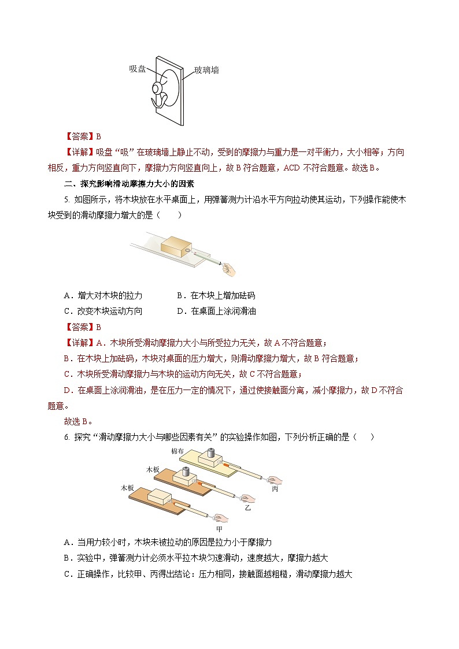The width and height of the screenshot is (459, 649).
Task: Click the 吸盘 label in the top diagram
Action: tap(138, 69)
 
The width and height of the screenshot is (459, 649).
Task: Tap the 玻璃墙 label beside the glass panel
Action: tap(206, 71)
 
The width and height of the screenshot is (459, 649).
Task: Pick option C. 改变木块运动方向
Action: tap(103, 311)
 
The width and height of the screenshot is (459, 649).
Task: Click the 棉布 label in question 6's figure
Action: tap(177, 451)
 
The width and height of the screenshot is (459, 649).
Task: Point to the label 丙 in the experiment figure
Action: tap(275, 488)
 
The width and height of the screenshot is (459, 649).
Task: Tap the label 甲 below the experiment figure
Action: tap(219, 528)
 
